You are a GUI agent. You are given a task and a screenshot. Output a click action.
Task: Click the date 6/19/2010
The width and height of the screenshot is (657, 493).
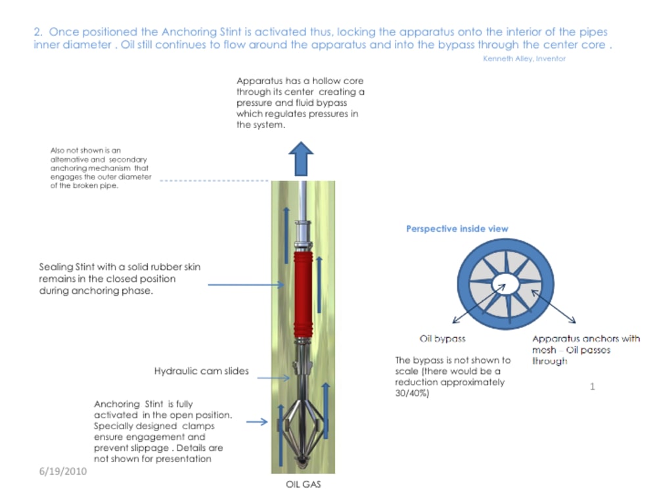(62, 471)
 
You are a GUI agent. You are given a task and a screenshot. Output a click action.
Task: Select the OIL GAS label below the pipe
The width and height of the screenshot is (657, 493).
(303, 484)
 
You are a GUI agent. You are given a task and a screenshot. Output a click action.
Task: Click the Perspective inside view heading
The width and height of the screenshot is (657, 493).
(457, 229)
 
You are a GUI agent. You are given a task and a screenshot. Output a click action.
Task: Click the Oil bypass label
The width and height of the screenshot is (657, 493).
(442, 339)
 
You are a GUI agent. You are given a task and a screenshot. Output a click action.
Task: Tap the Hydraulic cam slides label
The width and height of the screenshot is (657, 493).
(202, 371)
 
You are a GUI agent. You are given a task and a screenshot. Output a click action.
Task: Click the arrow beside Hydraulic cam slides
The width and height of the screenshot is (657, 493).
(273, 377)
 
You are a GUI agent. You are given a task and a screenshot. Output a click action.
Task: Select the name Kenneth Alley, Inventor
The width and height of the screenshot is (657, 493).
(524, 59)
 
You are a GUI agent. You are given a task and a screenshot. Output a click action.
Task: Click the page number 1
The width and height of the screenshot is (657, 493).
(592, 387)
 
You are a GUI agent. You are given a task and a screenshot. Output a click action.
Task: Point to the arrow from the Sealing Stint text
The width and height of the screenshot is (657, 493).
(246, 285)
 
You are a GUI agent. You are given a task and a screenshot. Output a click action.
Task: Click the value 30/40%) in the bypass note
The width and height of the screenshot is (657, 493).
(412, 393)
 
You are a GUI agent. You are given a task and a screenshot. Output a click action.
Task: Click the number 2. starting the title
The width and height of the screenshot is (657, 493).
(37, 32)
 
